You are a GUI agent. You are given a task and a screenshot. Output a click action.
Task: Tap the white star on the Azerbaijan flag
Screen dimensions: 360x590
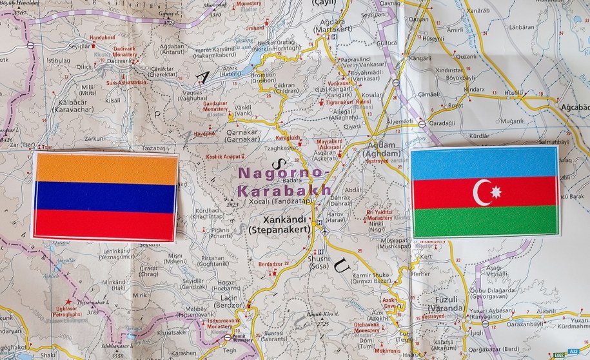[496, 192]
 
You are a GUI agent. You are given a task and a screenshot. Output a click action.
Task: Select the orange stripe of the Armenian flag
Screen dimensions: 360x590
[106, 168]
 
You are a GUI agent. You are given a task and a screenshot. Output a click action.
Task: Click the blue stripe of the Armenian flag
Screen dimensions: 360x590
[106, 197]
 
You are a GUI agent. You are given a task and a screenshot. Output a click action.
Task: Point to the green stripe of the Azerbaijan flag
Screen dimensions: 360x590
[485, 221]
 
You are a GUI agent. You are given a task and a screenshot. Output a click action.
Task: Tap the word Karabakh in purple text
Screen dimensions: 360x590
[284, 190]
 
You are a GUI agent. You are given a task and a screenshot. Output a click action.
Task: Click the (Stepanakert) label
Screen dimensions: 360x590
[279, 229]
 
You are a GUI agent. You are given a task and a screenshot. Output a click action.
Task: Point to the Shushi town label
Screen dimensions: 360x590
[318, 258]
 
